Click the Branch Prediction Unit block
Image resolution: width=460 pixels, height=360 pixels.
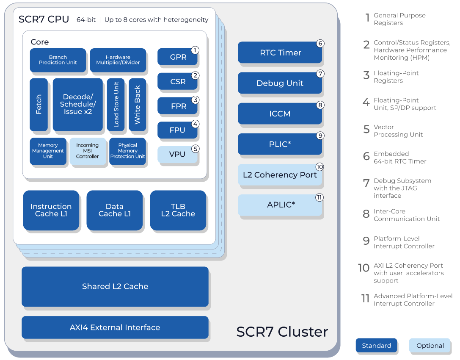(58, 60)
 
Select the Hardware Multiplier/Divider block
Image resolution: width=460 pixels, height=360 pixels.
(118, 60)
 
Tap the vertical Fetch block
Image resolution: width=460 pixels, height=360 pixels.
(39, 104)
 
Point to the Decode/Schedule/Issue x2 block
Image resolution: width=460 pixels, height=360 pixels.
(77, 104)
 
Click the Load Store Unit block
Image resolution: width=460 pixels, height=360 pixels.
(116, 104)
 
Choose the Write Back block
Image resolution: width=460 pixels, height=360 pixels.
(137, 104)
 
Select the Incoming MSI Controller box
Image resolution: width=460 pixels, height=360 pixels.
(88, 151)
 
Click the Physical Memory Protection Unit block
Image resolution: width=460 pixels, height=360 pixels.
(127, 151)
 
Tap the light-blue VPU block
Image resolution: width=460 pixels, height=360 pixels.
(177, 154)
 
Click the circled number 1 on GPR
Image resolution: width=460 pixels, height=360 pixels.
(195, 50)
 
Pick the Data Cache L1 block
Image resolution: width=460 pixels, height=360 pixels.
(114, 210)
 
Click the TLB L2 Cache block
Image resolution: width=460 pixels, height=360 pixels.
(178, 210)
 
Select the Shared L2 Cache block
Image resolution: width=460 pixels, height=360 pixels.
(115, 286)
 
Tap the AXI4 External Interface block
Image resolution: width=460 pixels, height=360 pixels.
(115, 327)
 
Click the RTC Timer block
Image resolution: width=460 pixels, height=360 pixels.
(280, 53)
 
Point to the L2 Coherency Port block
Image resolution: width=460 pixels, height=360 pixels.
(280, 175)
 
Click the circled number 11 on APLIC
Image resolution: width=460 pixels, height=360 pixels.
(320, 197)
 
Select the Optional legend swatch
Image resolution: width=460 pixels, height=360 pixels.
(430, 346)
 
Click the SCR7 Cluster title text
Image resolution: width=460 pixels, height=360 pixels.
(282, 332)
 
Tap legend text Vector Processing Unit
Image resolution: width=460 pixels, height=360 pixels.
(398, 131)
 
